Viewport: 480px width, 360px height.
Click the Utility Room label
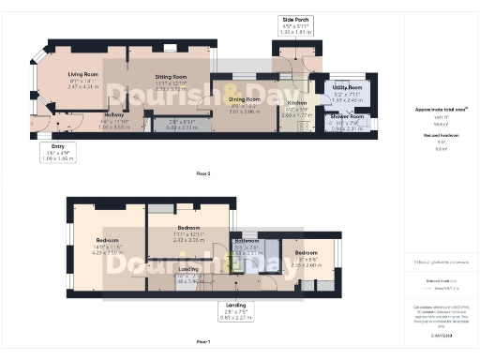coord(346,87)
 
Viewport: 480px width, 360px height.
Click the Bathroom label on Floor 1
coord(247,241)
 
